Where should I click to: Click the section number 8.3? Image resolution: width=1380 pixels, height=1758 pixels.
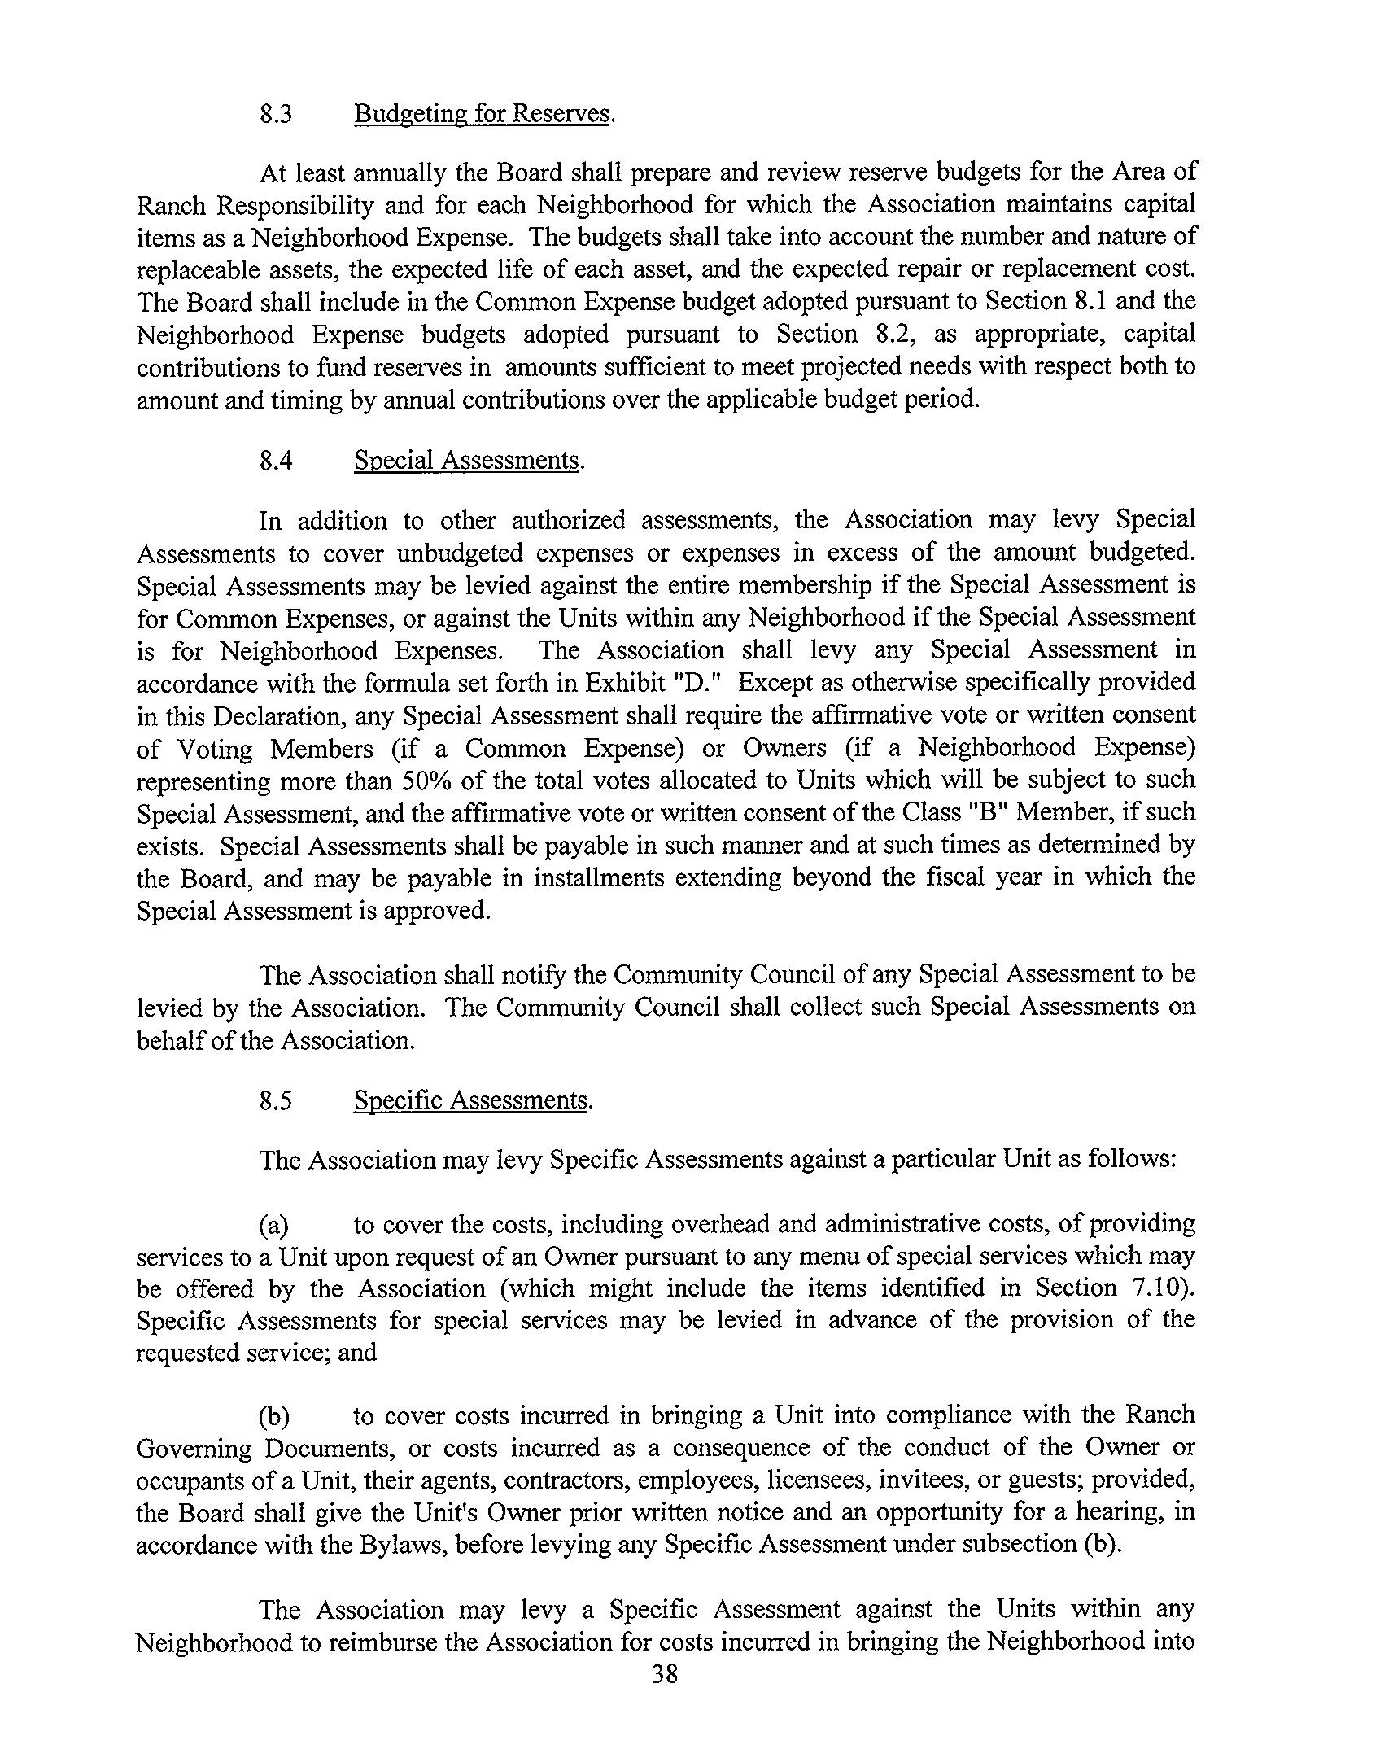[x=275, y=114]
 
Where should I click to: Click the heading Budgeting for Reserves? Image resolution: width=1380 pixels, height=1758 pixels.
[x=482, y=114]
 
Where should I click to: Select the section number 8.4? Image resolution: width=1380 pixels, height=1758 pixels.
[x=275, y=461]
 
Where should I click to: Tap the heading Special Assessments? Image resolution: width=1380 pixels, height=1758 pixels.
[x=467, y=461]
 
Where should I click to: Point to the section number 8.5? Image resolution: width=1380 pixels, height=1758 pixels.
[x=275, y=1101]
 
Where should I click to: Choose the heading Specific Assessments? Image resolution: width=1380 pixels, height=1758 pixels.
[x=470, y=1101]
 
